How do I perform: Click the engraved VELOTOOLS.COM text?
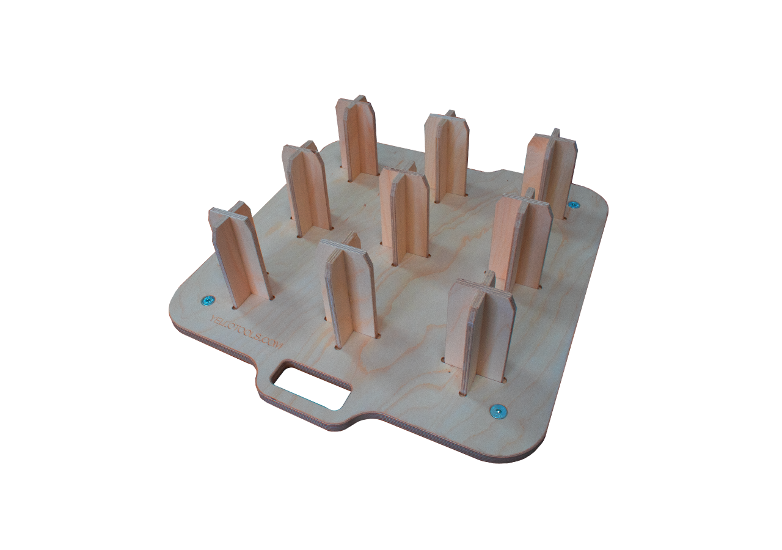245,333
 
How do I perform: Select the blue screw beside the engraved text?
208,300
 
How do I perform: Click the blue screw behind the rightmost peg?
573,205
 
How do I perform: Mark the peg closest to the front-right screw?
481,333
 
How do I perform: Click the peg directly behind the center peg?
447,156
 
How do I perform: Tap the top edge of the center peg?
404,174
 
